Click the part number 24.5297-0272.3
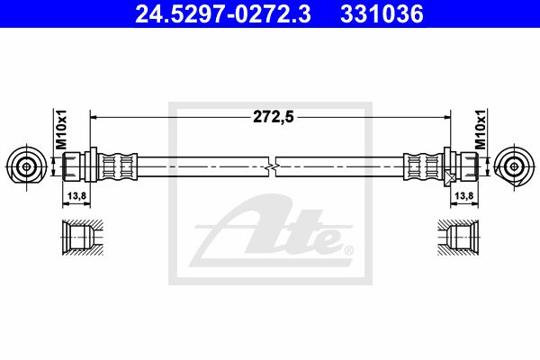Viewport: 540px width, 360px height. click(223, 13)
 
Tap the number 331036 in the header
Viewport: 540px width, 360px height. click(382, 13)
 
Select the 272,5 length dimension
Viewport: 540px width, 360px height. click(274, 117)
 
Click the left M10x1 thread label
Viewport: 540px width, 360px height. click(61, 130)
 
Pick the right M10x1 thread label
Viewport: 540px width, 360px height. click(480, 130)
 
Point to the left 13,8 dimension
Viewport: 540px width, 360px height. click(76, 196)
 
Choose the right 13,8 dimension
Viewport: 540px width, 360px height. click(464, 196)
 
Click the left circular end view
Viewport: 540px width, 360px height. click(26, 167)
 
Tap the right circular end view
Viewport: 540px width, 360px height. click(514, 167)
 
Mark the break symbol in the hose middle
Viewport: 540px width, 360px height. click(272, 167)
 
